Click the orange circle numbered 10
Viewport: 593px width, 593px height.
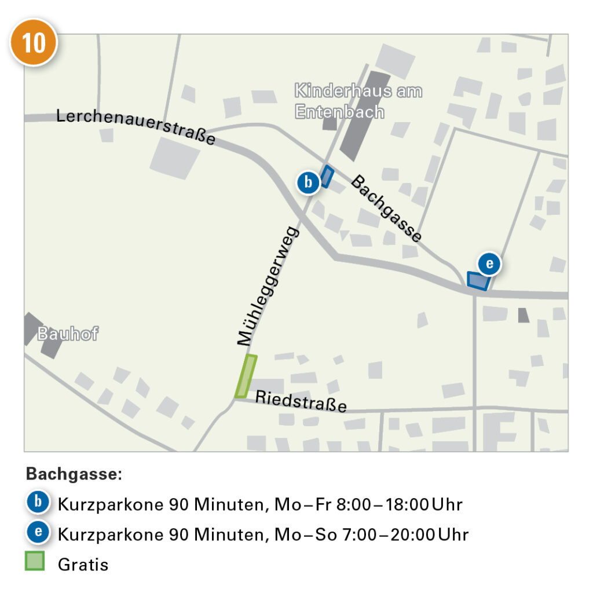(x=33, y=42)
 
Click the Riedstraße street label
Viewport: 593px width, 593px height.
(x=301, y=401)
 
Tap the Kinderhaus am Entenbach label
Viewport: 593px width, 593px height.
(x=358, y=101)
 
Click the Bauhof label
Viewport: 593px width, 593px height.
(x=68, y=334)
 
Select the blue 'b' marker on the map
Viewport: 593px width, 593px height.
(x=308, y=182)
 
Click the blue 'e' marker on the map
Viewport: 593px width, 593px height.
(x=489, y=264)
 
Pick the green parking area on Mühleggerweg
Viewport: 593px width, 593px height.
(x=246, y=376)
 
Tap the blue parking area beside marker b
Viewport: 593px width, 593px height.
(x=328, y=176)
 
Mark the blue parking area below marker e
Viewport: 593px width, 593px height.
(x=478, y=281)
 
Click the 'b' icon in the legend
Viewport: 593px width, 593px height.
(x=38, y=503)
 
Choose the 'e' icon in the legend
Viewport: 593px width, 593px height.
(x=38, y=533)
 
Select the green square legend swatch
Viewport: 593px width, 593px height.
(x=35, y=561)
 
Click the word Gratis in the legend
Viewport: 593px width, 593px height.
(x=83, y=563)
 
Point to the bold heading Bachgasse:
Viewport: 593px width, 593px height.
(x=74, y=474)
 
